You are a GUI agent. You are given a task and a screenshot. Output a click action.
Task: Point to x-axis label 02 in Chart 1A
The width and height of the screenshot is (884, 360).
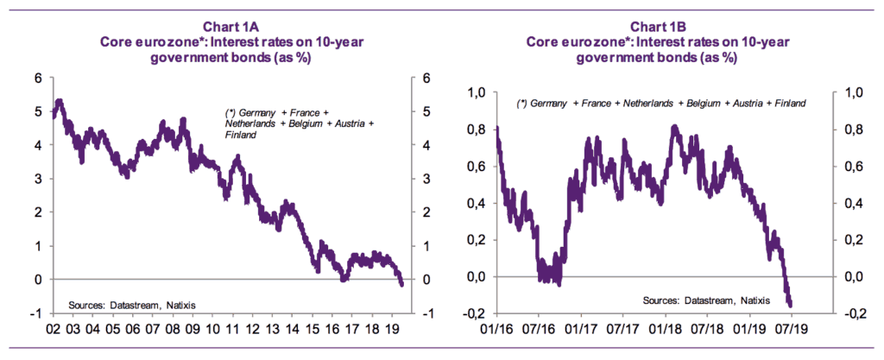[x=52, y=330]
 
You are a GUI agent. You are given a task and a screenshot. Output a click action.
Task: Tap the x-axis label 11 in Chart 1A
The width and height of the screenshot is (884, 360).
[x=234, y=330]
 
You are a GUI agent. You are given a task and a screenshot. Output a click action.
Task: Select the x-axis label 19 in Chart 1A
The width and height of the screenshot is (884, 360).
[x=395, y=330]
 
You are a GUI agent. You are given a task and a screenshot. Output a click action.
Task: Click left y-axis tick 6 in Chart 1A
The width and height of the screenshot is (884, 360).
[x=38, y=78]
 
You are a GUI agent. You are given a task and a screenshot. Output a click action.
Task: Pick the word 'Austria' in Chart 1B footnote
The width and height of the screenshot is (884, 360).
[x=734, y=104]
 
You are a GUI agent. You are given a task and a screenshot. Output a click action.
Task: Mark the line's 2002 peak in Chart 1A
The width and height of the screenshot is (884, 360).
[x=59, y=102]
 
